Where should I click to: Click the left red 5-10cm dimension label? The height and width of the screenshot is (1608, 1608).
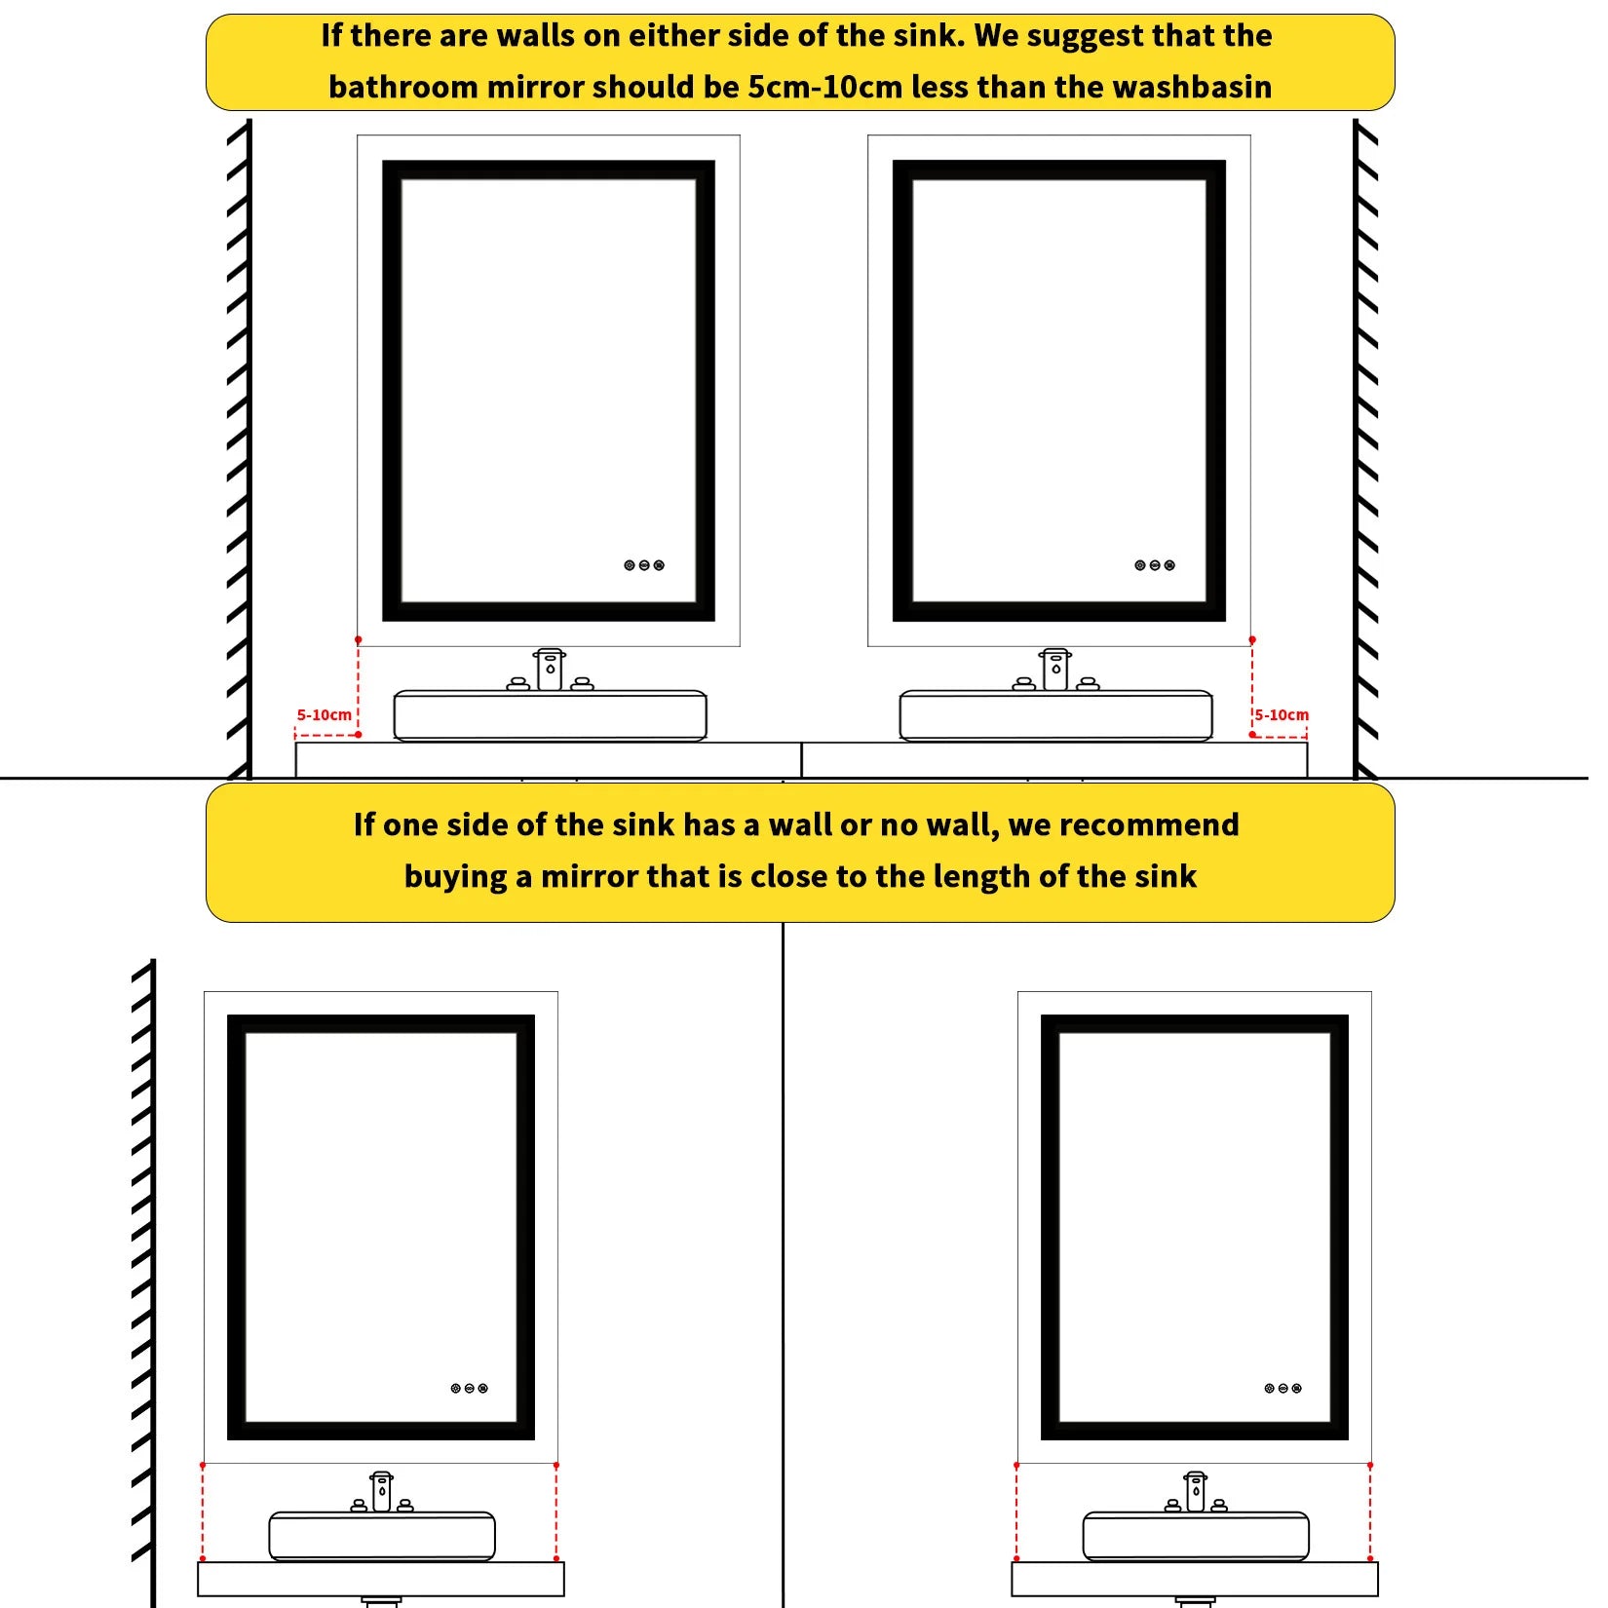[x=324, y=714]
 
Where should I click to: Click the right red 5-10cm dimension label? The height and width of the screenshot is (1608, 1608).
[x=1282, y=714]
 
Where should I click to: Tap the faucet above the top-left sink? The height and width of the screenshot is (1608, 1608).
[x=550, y=670]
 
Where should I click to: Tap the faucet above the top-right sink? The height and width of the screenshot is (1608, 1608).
[x=1055, y=670]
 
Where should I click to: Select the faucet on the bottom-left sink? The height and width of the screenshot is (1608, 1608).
[x=382, y=1492]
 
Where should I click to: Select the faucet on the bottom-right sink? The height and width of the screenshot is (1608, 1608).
[x=1196, y=1492]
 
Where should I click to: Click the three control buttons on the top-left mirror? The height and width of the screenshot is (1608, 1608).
[x=644, y=565]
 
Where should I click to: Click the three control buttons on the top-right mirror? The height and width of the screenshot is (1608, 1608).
[x=1155, y=565]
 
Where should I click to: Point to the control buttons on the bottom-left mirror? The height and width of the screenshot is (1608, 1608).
[x=469, y=1388]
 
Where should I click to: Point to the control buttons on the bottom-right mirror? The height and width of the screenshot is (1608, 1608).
[x=1283, y=1388]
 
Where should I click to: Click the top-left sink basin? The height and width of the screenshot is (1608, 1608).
[x=550, y=716]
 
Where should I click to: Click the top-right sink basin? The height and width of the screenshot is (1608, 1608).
[x=1055, y=716]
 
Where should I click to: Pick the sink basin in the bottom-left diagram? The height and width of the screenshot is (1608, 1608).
[x=382, y=1537]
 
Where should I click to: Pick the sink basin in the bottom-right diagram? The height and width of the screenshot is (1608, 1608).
[x=1196, y=1537]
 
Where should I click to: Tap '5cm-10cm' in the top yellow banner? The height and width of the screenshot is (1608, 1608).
[x=824, y=87]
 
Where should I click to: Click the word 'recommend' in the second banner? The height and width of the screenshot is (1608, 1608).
[x=1149, y=824]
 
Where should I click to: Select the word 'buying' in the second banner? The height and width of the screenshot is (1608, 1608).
[x=456, y=877]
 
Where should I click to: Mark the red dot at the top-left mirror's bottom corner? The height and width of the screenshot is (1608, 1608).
[x=359, y=640]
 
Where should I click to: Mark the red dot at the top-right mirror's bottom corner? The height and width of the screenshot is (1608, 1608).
[x=1252, y=640]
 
